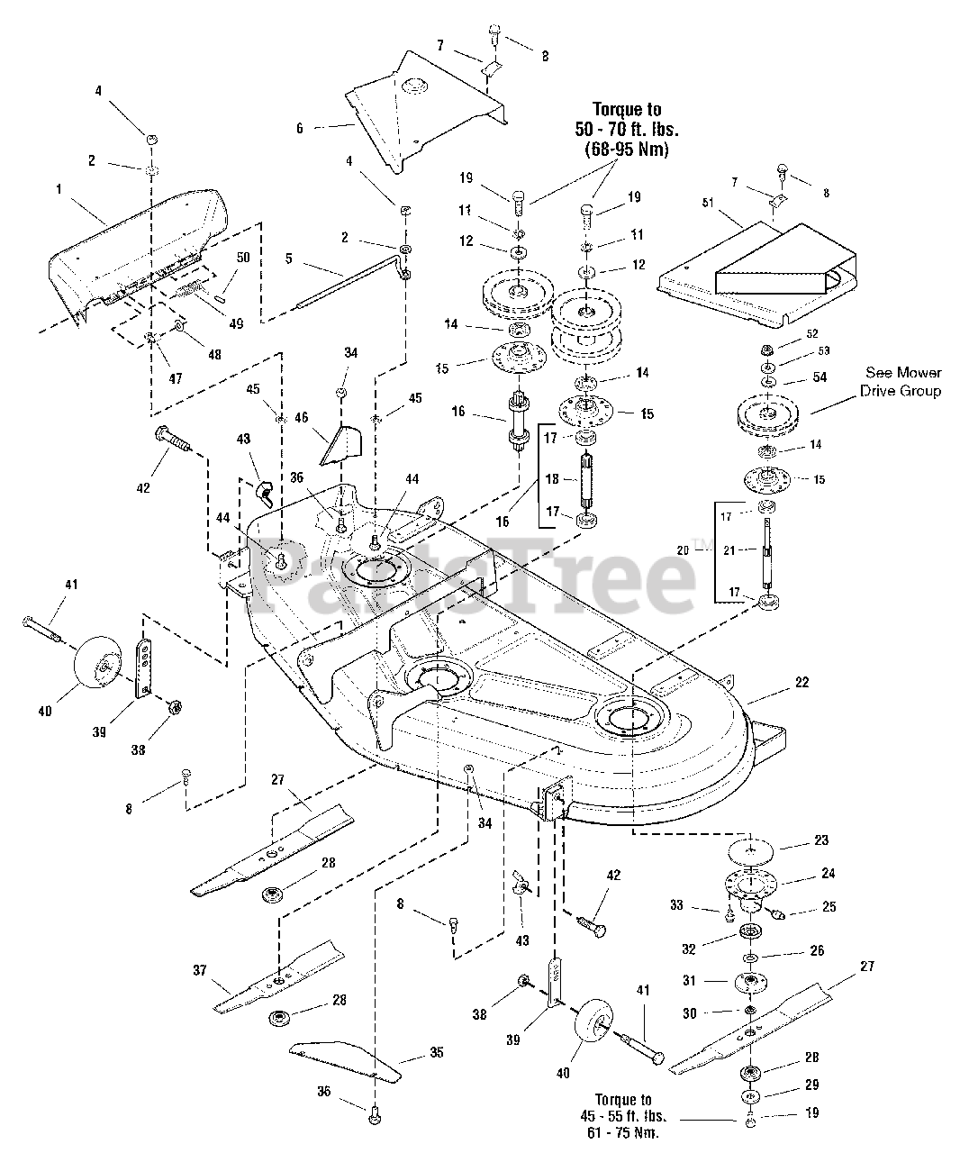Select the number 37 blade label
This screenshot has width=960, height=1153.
pyautogui.click(x=199, y=970)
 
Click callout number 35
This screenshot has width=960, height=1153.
pyautogui.click(x=437, y=1052)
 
